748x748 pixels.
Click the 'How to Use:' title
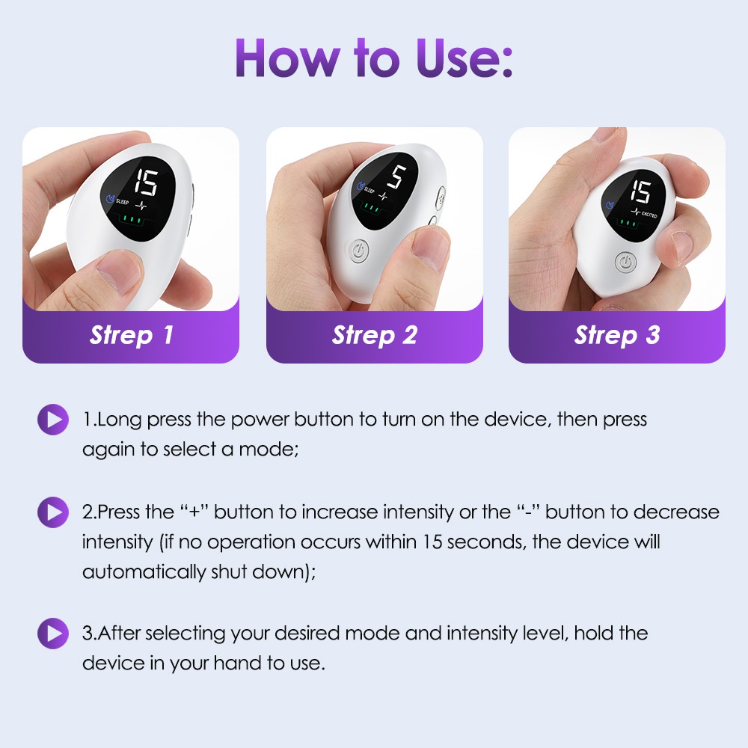[374, 58]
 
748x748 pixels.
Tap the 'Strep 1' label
[131, 335]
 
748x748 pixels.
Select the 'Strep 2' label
[375, 335]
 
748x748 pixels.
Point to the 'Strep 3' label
[617, 335]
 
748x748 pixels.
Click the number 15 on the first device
[146, 183]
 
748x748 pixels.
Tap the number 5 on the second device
[397, 177]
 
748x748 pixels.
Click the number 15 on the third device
[640, 191]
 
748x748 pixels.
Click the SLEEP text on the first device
[122, 200]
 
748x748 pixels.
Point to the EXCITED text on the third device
[649, 215]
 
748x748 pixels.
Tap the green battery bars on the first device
[132, 220]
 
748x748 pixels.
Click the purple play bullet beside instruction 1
[53, 420]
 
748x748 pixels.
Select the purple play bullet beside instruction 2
[53, 512]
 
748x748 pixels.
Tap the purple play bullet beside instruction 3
[53, 634]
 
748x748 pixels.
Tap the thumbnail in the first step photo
[117, 273]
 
